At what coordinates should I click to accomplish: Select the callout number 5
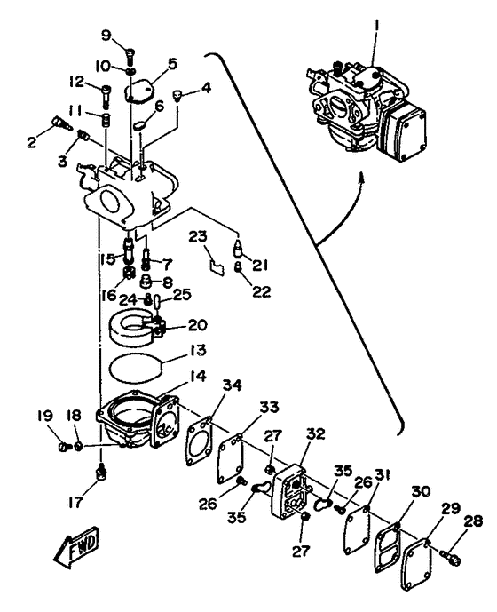(172, 64)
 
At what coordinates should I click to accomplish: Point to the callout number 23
(197, 237)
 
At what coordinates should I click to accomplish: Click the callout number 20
(197, 324)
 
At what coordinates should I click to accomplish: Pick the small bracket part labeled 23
(210, 263)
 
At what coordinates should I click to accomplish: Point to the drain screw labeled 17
(103, 470)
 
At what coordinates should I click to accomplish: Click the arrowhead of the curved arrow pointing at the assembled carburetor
(363, 179)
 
